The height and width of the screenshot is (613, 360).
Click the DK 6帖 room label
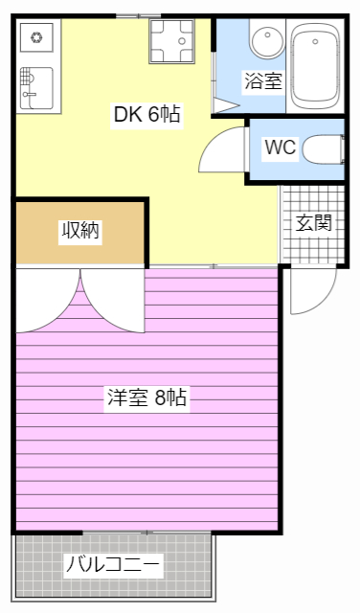(x=147, y=114)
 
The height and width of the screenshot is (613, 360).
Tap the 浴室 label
(x=262, y=80)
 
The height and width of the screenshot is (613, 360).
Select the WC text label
(x=280, y=148)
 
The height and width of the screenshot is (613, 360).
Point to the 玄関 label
(x=313, y=223)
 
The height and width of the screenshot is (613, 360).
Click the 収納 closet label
(x=80, y=230)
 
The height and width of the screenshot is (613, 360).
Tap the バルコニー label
(x=113, y=565)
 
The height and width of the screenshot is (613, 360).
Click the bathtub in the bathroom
(x=317, y=65)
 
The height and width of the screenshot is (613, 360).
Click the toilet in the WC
(x=326, y=149)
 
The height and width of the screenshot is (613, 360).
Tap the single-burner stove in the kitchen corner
(x=37, y=38)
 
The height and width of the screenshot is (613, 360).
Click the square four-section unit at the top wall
(x=171, y=41)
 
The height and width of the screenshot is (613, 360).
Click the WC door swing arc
(x=223, y=153)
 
